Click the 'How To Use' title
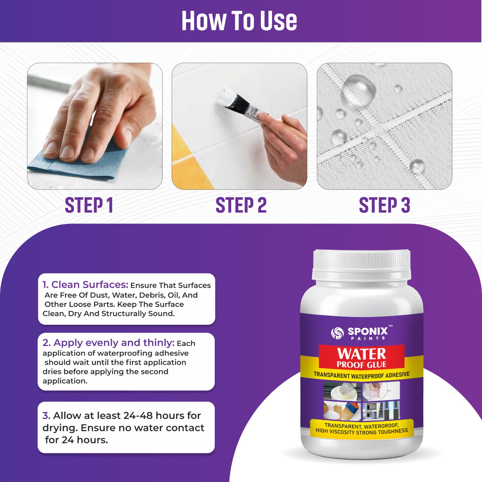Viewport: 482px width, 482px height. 239,21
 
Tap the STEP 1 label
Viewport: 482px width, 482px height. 89,205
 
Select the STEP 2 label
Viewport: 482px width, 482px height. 241,205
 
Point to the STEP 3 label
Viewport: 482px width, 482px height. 384,205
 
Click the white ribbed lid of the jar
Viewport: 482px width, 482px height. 361,261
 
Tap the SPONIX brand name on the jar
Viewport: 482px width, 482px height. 368,331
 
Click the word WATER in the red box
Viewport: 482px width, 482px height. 361,354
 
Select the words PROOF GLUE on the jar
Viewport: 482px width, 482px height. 361,365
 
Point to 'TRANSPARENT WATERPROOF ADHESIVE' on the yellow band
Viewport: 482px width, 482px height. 361,375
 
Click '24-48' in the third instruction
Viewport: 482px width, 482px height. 138,416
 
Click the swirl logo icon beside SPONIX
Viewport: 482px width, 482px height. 337,333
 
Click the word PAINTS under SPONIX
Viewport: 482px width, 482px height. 368,338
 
